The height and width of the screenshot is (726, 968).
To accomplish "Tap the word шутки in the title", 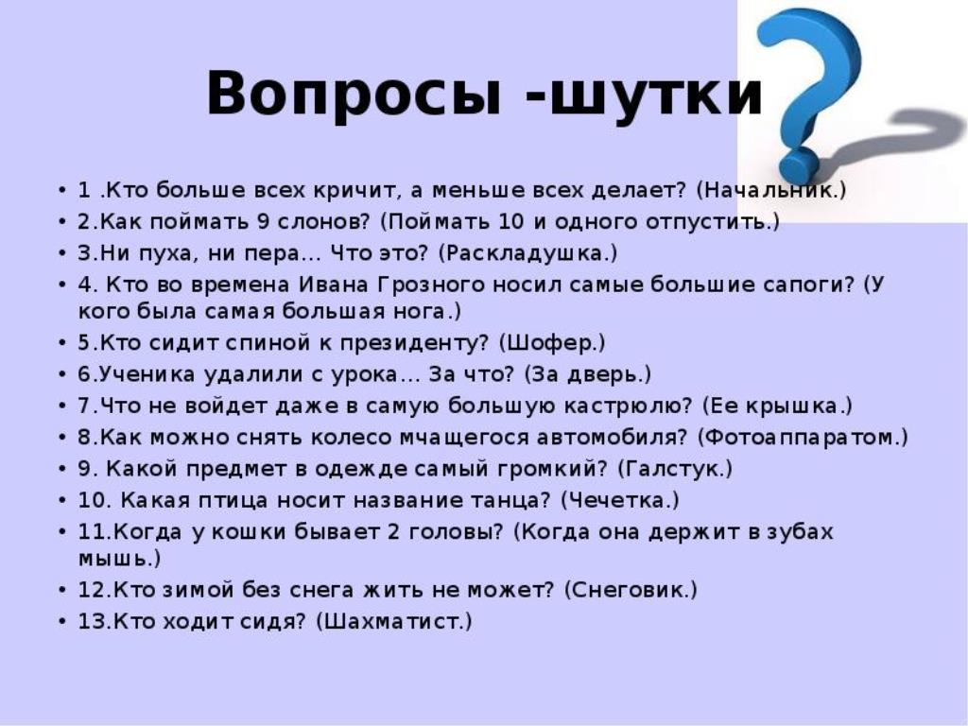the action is tap(656, 94).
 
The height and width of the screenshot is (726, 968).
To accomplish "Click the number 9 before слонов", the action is tap(263, 221).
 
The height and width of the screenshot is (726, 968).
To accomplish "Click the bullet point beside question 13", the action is tap(62, 622).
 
